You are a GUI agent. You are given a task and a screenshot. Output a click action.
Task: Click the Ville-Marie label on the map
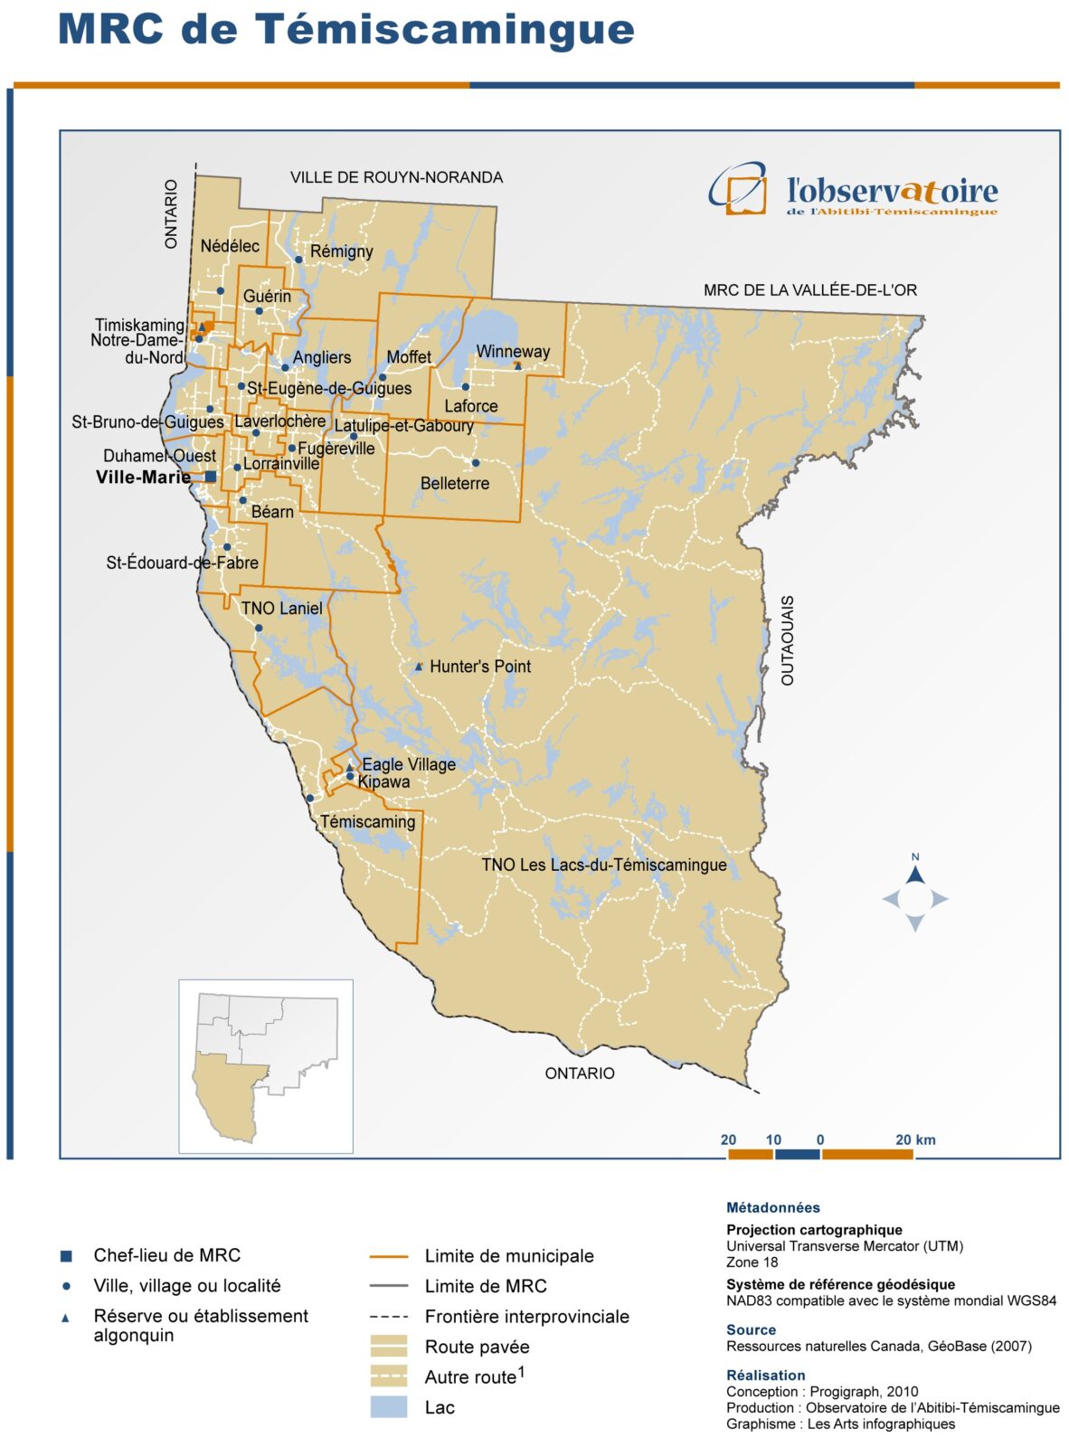coord(143,478)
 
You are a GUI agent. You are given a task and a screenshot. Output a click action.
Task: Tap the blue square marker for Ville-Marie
coord(211,477)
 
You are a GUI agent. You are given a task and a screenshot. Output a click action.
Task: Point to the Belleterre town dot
coord(476,463)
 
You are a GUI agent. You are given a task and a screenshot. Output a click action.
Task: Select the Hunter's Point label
coord(480,667)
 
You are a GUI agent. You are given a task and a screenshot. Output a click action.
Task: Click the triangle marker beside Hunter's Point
coord(418,667)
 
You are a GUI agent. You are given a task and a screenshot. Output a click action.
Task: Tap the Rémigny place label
coord(341,251)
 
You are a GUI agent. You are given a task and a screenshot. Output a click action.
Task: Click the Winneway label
coord(513,352)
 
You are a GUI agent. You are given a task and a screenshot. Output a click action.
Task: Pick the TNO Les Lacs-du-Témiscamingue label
coord(603,865)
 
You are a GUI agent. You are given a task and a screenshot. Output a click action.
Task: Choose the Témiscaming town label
coord(367,822)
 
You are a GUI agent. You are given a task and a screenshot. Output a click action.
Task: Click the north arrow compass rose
coord(915,897)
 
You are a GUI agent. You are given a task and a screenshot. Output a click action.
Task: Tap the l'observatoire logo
coord(853,190)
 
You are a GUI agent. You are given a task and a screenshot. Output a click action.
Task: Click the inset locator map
coord(266,1066)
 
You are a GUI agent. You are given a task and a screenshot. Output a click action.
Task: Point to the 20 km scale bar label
coord(915,1140)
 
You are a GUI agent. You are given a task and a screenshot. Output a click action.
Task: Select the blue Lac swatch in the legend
coord(389,1407)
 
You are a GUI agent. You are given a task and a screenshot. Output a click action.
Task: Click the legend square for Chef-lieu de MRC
coord(66,1255)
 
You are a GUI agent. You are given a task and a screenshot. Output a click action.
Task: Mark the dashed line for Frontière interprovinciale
coord(389,1317)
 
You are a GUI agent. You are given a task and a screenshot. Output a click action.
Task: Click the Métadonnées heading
coord(772,1207)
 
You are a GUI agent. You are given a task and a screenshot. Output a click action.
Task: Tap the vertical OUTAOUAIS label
coord(787,639)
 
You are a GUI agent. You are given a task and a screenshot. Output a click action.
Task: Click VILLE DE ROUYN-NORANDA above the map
coord(396,177)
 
